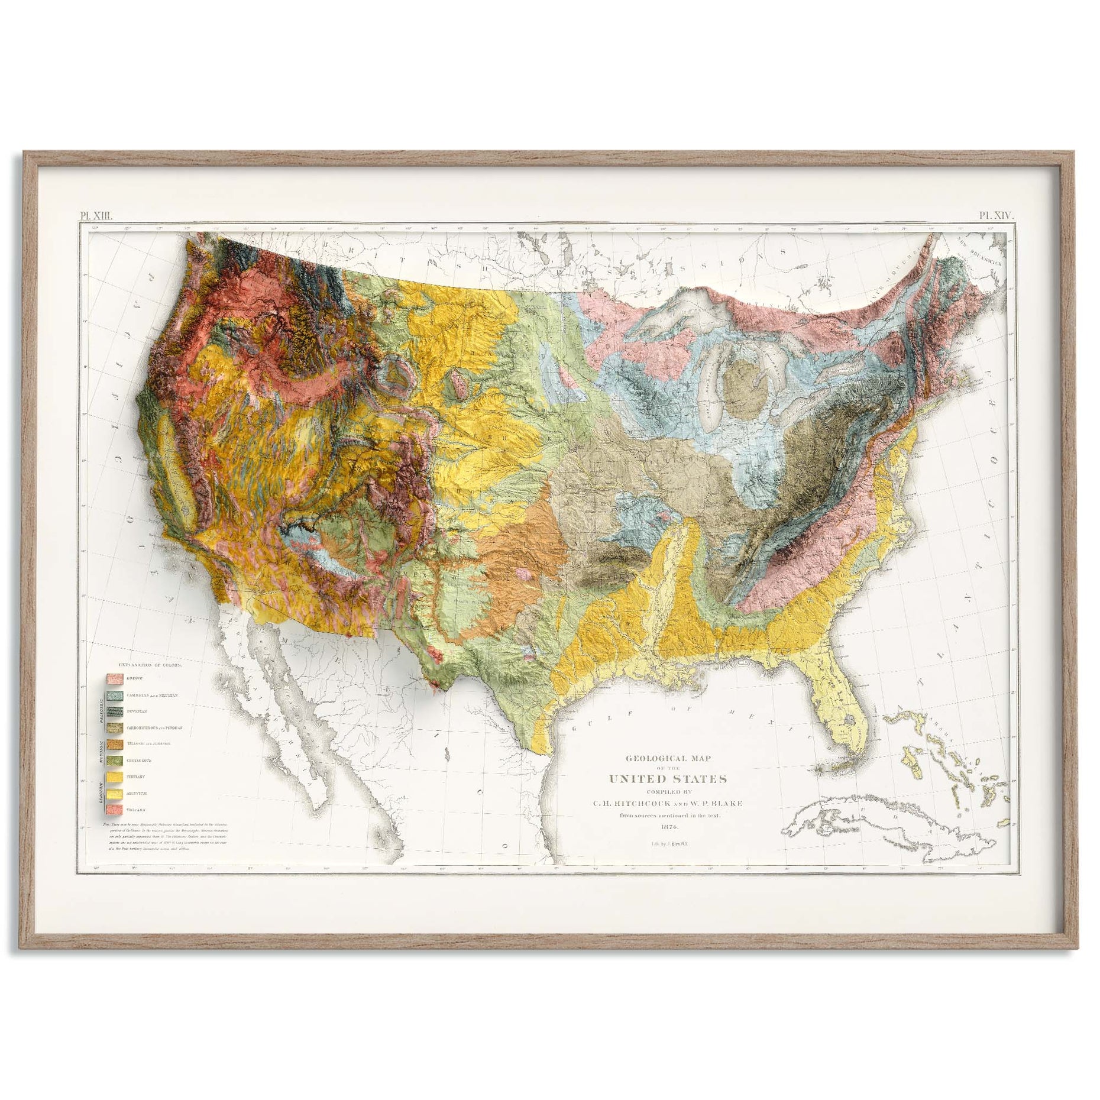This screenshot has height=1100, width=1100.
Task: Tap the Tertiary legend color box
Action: tap(114, 777)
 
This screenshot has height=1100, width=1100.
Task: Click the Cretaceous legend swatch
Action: tap(114, 760)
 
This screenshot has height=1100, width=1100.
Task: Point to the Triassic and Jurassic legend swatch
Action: tap(114, 744)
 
